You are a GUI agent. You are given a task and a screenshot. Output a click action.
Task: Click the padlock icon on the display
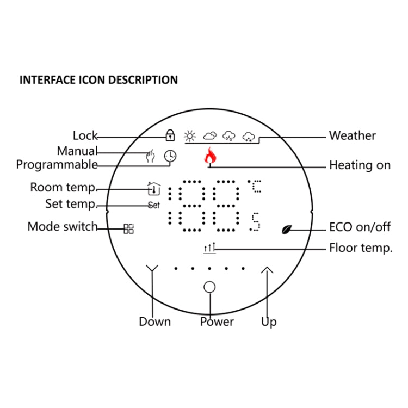click(170, 135)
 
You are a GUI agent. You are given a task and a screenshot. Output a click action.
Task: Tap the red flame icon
click(209, 157)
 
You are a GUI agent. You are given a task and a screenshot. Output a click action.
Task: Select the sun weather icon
click(189, 135)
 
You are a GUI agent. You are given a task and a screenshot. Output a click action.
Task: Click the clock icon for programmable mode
click(170, 156)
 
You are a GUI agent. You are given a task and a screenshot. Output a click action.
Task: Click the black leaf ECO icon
click(287, 229)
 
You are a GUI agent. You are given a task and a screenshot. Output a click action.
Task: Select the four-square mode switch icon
click(128, 228)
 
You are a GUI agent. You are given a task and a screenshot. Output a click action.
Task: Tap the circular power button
click(209, 287)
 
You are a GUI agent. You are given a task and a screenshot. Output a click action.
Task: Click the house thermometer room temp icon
click(154, 189)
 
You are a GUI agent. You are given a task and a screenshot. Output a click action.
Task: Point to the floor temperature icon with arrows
click(209, 249)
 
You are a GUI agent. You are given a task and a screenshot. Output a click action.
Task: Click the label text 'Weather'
click(352, 135)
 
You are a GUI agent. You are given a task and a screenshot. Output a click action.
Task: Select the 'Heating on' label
click(360, 165)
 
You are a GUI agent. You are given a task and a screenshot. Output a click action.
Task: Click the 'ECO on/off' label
click(360, 227)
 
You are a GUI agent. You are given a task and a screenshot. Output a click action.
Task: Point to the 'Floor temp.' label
click(361, 249)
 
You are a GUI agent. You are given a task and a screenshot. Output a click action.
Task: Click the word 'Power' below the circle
click(217, 322)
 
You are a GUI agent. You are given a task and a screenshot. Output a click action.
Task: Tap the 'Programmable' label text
click(57, 164)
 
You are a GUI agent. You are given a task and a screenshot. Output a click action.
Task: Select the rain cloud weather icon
click(229, 135)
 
